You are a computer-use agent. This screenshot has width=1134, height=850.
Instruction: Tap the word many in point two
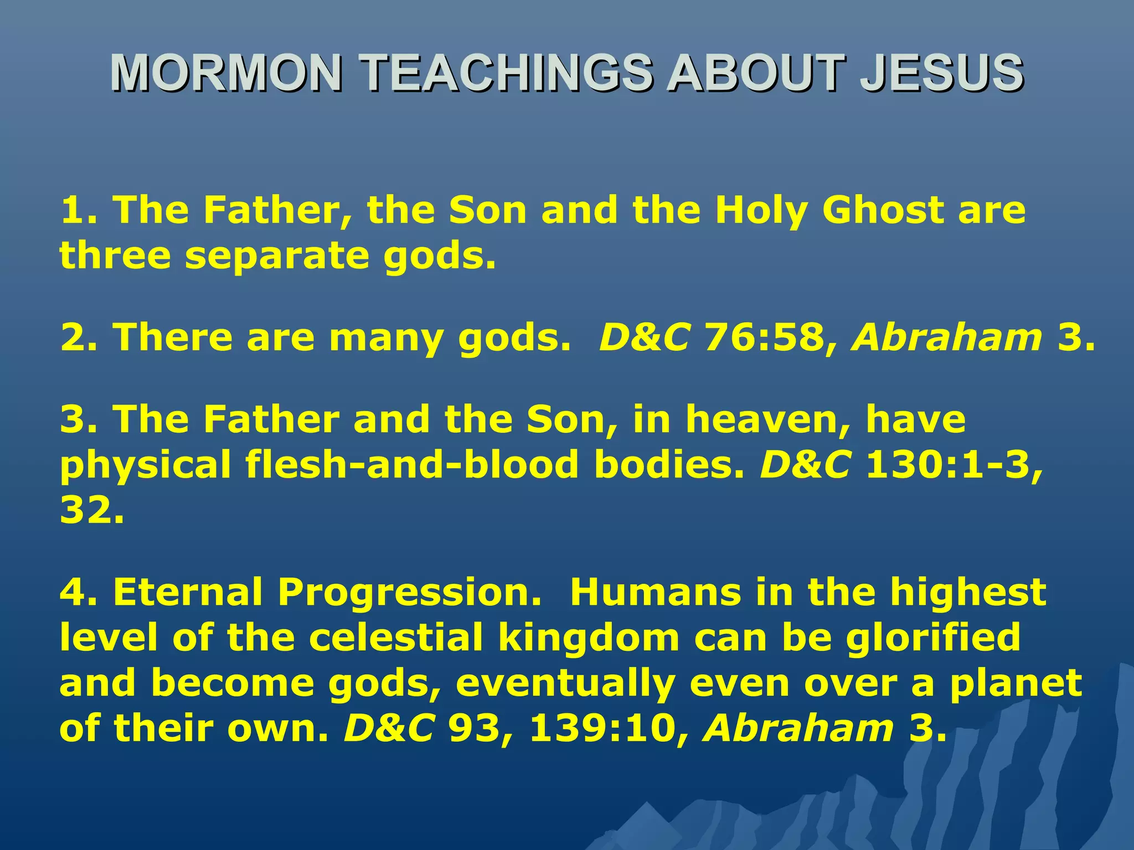coord(385,338)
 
